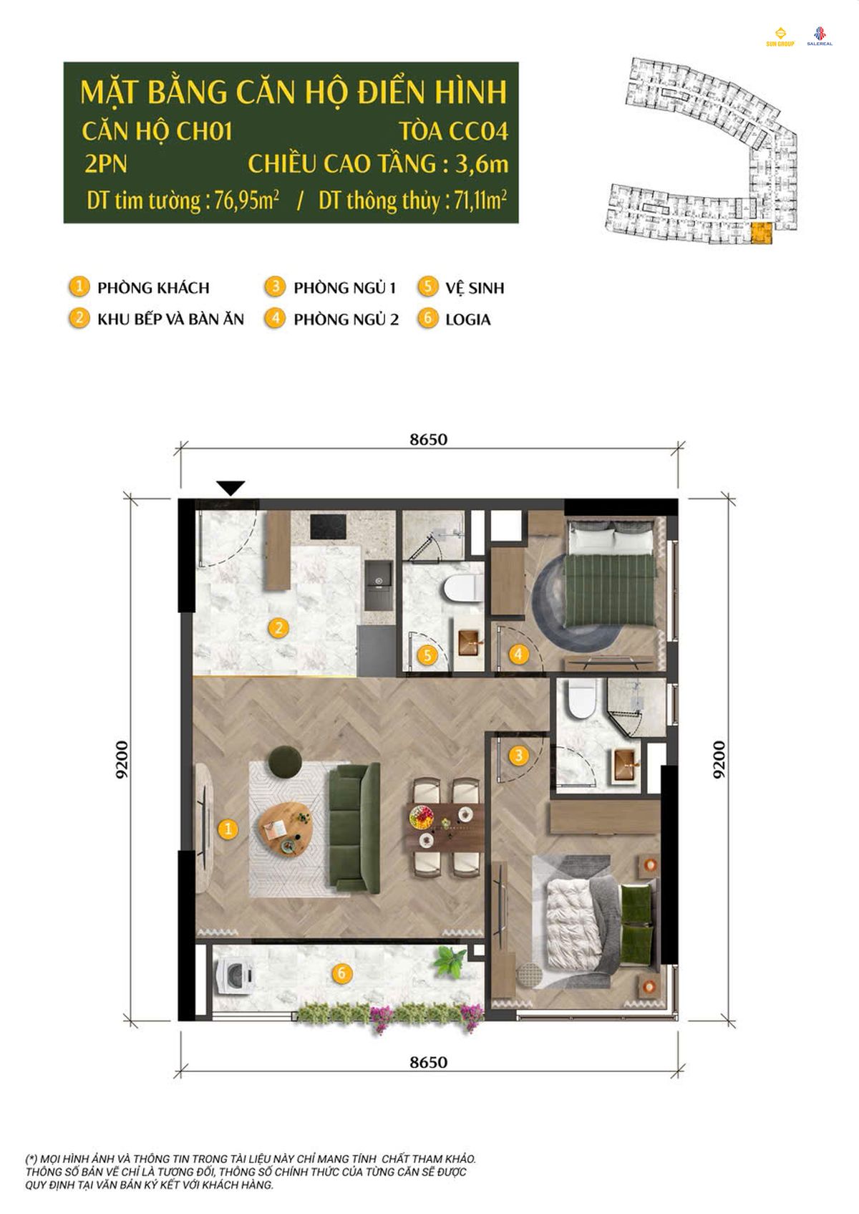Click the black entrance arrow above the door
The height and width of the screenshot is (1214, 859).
click(x=230, y=487)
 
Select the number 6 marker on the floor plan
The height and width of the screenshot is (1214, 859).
click(x=341, y=973)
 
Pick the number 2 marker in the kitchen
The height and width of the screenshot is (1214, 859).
click(x=278, y=628)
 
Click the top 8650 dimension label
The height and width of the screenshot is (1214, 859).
click(x=428, y=439)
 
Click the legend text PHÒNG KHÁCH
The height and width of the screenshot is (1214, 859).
click(x=153, y=288)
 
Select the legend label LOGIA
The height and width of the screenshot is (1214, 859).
click(x=468, y=319)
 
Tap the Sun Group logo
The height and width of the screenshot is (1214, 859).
click(x=780, y=37)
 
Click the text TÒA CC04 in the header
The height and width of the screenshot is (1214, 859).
click(x=453, y=132)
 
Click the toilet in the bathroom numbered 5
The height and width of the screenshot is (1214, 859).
click(x=463, y=589)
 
